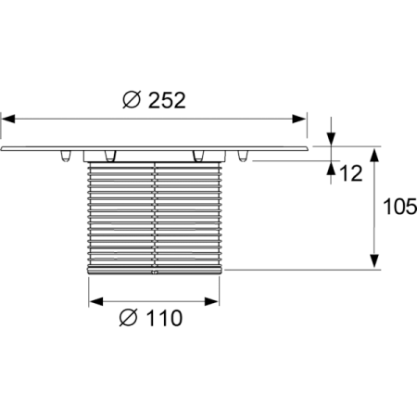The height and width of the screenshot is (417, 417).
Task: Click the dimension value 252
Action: pyautogui.click(x=167, y=100)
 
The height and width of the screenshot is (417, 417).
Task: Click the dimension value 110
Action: pyautogui.click(x=164, y=318)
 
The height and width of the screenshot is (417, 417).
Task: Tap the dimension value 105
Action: pyautogui.click(x=400, y=207)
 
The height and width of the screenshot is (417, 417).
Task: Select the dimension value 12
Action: pyautogui.click(x=351, y=173)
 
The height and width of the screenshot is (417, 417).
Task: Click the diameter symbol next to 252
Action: pyautogui.click(x=132, y=99)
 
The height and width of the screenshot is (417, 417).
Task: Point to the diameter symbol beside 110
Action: pyautogui.click(x=128, y=318)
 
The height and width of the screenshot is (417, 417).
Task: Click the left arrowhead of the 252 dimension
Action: pyautogui.click(x=8, y=119)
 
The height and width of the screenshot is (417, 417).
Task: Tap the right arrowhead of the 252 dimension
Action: pyautogui.click(x=299, y=119)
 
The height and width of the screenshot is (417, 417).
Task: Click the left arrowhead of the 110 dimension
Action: pyautogui.click(x=96, y=301)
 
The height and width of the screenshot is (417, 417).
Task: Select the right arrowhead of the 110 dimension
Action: pyautogui.click(x=212, y=301)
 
